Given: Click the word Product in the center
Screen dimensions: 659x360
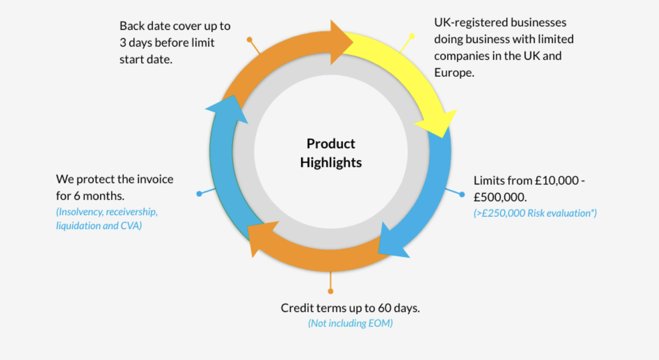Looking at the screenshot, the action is [331, 144].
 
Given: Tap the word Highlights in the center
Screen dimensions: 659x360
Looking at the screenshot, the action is [331, 162].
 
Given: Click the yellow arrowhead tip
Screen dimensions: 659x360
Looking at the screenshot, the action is [442, 137].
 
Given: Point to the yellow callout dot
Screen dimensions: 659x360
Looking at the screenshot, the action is [412, 36].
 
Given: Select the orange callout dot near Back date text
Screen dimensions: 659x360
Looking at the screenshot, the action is [250, 39].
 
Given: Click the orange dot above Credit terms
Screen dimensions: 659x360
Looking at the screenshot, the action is [331, 291].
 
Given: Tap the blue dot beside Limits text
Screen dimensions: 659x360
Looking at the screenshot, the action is [462, 194].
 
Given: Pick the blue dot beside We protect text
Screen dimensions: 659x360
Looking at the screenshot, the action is [199, 194].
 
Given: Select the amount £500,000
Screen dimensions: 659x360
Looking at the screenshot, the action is [500, 197].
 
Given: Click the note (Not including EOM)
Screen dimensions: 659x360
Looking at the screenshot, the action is [350, 323].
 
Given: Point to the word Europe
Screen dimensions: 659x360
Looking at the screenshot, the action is [454, 73].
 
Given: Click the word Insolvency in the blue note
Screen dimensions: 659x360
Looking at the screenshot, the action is [80, 212].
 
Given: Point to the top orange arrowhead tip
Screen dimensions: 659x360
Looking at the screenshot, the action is [353, 42].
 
